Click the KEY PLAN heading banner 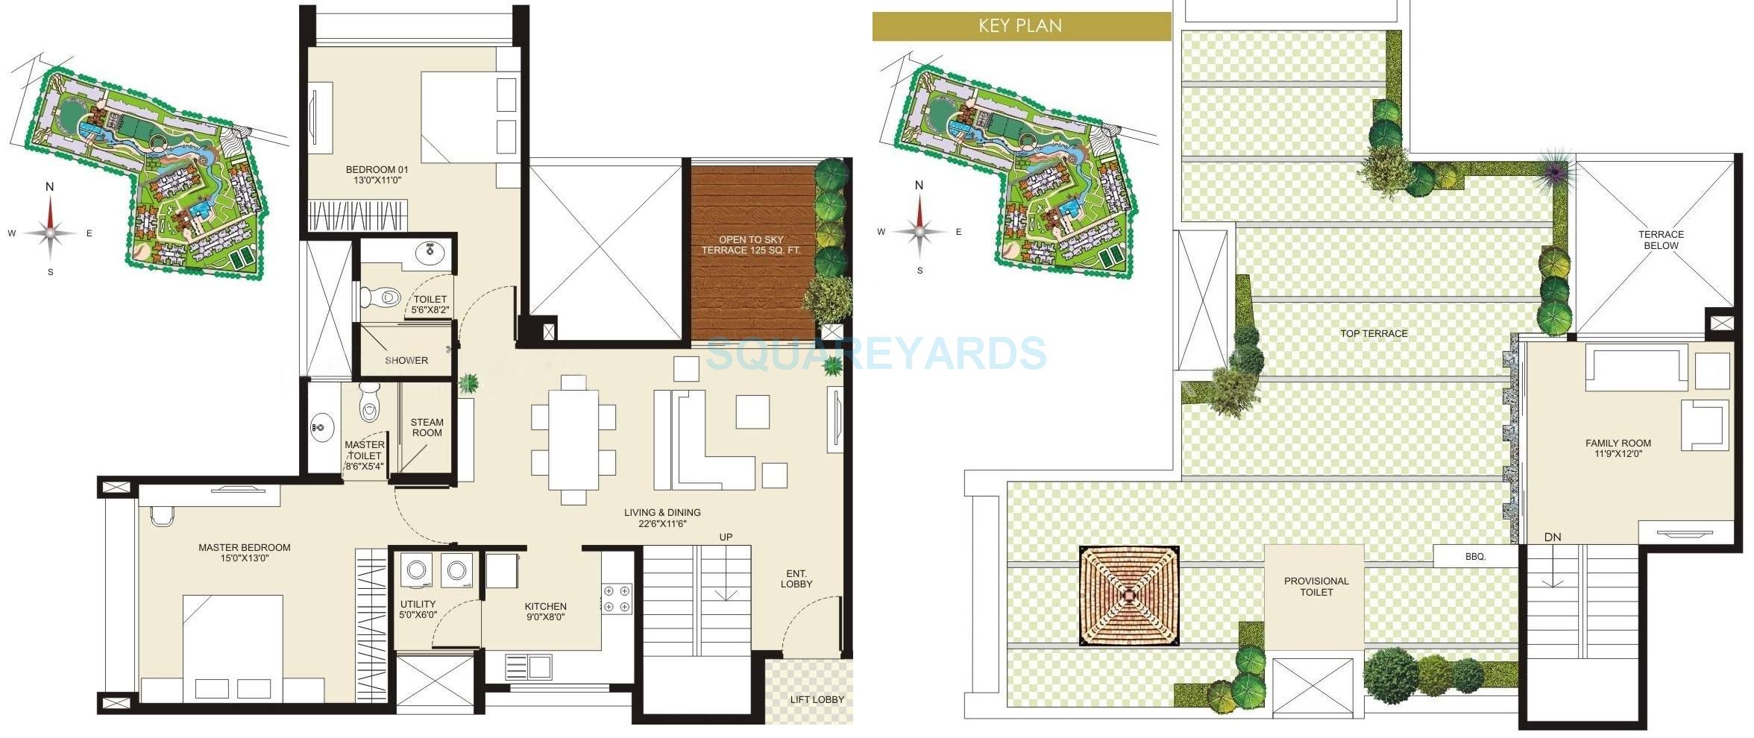1020,26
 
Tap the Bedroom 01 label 377,175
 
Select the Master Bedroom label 244,552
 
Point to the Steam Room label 427,427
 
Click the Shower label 406,360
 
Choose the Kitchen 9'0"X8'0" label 545,611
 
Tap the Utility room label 418,609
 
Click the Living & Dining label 661,517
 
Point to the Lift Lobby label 817,699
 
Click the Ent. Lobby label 796,578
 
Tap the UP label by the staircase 726,537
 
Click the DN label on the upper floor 1553,537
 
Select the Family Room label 1618,447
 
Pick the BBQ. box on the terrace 1475,556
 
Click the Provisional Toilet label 1315,586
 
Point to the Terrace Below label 1661,239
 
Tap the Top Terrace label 1374,333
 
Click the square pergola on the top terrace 1129,595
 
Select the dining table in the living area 573,440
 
